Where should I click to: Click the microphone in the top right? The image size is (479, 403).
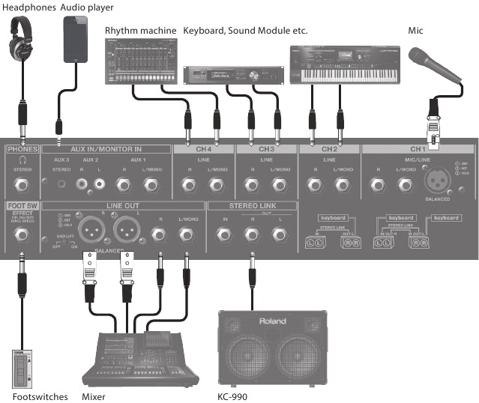click(x=436, y=64)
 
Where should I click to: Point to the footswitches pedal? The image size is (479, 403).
click(x=22, y=367)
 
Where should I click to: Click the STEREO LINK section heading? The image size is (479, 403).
click(x=238, y=204)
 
